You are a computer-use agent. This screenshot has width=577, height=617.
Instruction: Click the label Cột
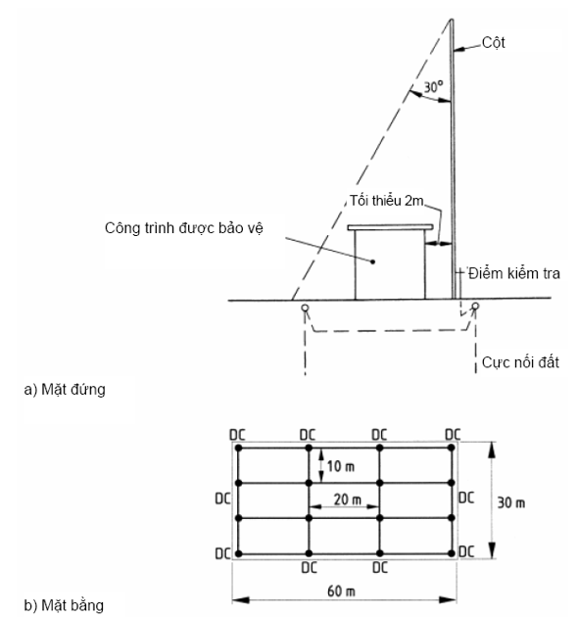pyautogui.click(x=493, y=43)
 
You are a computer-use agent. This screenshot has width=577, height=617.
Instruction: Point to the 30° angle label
pyautogui.click(x=433, y=86)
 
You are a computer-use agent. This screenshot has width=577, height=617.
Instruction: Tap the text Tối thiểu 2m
pyautogui.click(x=387, y=201)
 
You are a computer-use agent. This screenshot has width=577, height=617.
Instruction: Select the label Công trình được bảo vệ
pyautogui.click(x=184, y=228)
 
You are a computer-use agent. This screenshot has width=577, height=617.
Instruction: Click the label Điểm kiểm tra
pyautogui.click(x=514, y=273)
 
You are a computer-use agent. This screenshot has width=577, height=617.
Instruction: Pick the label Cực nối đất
pyautogui.click(x=520, y=362)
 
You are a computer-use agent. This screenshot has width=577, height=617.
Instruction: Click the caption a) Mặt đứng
pyautogui.click(x=65, y=390)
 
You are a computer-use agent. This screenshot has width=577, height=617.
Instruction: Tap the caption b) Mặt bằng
pyautogui.click(x=64, y=605)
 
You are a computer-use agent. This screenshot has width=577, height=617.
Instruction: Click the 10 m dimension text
pyautogui.click(x=341, y=467)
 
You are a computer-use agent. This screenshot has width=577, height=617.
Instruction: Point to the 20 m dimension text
pyautogui.click(x=347, y=499)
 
